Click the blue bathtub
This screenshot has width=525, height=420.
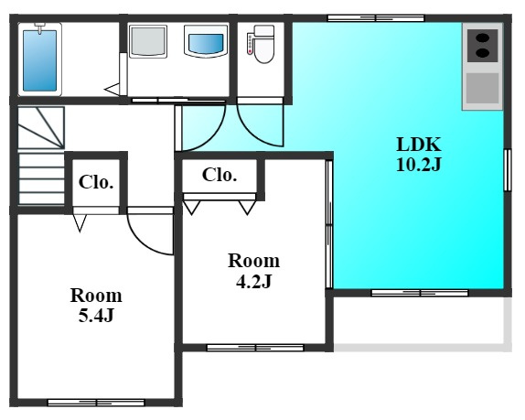40,60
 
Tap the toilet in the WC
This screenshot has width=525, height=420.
262,44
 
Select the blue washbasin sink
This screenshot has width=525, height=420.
206,40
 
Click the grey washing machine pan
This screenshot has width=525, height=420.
148,41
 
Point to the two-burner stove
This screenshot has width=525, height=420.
483,46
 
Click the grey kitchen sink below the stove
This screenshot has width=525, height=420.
483,89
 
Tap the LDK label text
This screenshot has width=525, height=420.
419,145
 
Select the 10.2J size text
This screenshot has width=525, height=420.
419,164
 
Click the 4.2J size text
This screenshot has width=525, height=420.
253,281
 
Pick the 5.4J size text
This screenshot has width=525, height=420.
96,315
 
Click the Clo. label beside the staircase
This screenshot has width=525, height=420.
96,182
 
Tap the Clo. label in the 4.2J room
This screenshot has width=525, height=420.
220,175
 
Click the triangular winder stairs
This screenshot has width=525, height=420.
41,128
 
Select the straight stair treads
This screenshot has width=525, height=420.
41,178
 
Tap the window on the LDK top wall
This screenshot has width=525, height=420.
376,18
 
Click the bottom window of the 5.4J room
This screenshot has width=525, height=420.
96,403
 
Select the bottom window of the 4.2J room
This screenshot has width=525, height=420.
255,348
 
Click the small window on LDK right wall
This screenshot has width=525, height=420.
508,170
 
